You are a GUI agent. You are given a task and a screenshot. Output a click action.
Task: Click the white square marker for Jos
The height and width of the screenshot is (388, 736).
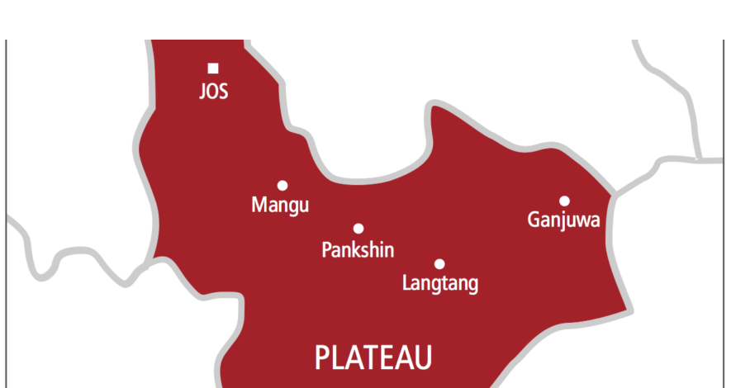click(x=213, y=68)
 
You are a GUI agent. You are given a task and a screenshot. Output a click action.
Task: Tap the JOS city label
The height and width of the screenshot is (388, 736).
click(x=213, y=91)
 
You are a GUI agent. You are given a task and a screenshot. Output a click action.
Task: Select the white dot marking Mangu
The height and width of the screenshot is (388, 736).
click(x=283, y=186)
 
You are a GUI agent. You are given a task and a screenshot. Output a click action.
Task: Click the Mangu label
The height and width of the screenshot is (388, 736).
click(x=280, y=206)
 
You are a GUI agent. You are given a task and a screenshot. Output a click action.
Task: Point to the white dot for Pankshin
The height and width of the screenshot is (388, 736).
click(x=359, y=229)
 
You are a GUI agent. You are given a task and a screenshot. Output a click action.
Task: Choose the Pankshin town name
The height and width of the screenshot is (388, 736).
click(x=358, y=249)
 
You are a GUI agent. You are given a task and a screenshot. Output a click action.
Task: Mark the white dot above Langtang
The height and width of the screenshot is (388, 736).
click(x=439, y=264)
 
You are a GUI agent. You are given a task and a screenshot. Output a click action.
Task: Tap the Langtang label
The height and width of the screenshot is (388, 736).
click(x=439, y=284)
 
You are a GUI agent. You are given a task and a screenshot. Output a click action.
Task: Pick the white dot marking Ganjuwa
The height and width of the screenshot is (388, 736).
click(x=564, y=201)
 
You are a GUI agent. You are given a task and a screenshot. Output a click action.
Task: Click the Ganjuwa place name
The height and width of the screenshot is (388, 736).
click(x=563, y=220)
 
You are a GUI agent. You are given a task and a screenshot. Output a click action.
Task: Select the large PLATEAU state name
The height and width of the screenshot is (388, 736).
click(x=373, y=358)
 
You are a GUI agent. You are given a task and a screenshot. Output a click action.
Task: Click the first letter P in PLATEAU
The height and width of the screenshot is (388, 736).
click(x=323, y=358)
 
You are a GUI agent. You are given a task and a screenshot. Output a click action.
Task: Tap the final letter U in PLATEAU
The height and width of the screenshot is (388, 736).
click(x=423, y=358)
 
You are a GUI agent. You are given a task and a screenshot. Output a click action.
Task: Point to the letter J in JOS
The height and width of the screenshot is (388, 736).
click(x=203, y=91)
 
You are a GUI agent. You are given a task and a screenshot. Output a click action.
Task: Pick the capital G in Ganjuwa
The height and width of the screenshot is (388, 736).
click(x=534, y=220)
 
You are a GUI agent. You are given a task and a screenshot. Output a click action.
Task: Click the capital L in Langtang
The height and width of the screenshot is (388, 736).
click(x=406, y=283)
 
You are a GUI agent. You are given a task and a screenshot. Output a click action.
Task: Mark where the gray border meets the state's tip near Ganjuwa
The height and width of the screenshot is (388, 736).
click(x=615, y=196)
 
